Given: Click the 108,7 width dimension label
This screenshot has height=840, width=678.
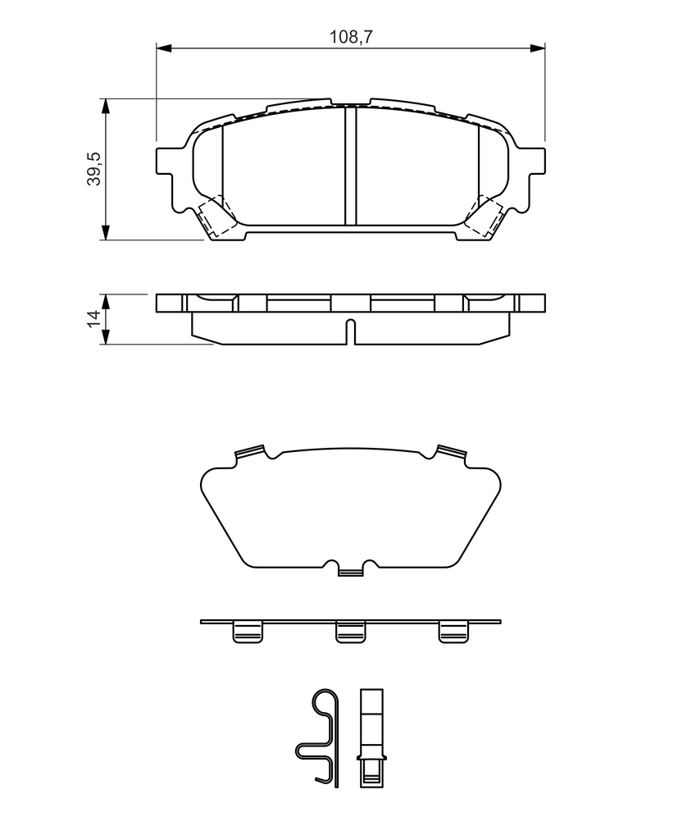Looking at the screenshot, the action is coord(351,37).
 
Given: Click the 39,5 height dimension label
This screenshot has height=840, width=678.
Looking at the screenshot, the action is coord(93,169).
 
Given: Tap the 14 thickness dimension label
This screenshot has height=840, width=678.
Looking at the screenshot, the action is coord(93,319).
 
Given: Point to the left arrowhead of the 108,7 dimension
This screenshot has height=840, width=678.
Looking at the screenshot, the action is coord(163,48).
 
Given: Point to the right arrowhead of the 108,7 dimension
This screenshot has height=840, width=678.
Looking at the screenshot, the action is coord(538,48).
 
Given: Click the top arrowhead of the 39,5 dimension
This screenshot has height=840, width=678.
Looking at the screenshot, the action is coord(106,106).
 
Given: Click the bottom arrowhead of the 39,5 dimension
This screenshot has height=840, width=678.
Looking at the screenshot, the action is coord(106,232).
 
